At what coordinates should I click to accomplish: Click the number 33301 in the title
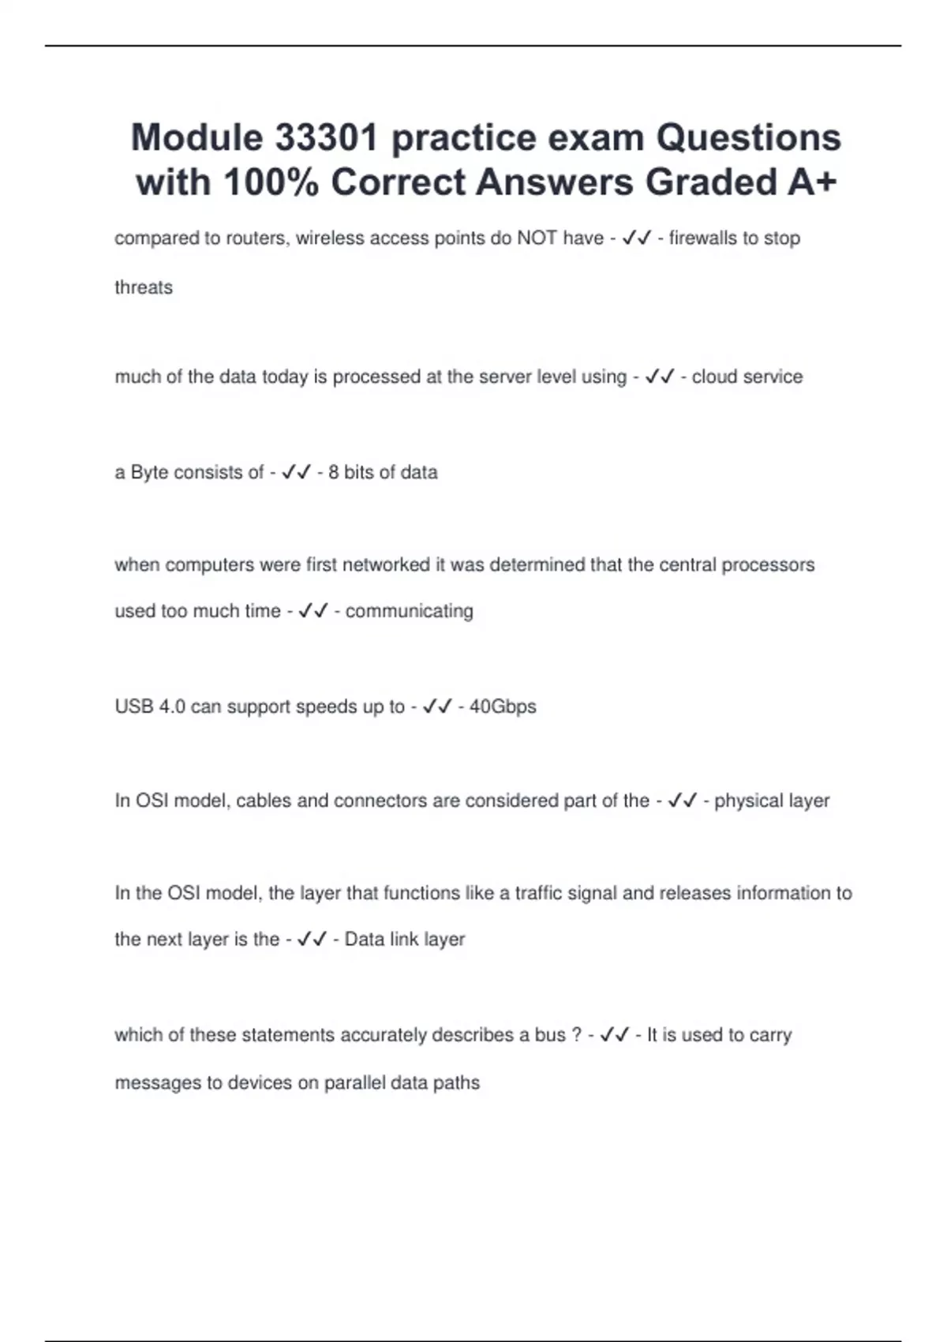point(326,137)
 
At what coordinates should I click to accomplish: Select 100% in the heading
point(271,182)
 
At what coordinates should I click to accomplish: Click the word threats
point(144,287)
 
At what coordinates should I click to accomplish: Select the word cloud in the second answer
point(714,377)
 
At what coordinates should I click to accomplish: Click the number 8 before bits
point(333,472)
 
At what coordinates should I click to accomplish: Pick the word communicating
point(409,611)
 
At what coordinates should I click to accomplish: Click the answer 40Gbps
point(503,707)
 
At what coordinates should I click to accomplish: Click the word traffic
point(544,893)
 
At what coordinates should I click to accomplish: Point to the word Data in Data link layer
point(364,939)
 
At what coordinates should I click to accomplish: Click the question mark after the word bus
point(576,1035)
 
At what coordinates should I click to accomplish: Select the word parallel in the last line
point(354,1082)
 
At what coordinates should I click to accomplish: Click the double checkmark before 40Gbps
point(437,707)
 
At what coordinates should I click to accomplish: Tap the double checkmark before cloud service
point(659,377)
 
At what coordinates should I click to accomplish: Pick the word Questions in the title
point(749,137)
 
